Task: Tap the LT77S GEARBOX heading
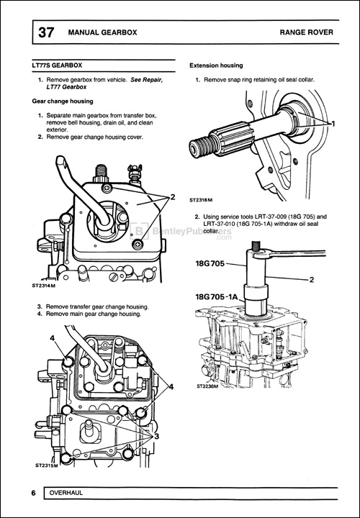(63, 65)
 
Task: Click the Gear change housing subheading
(66, 101)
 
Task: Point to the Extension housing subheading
(216, 65)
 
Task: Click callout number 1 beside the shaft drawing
(333, 124)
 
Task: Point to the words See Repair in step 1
(147, 79)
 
